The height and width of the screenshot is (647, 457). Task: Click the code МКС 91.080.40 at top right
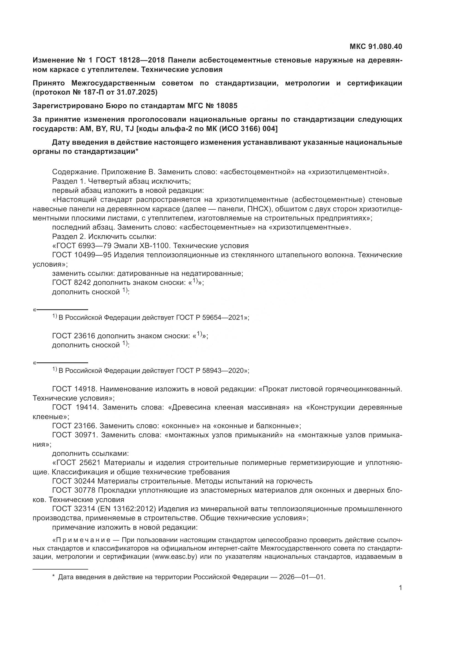376,46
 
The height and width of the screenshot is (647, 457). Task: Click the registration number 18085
227,106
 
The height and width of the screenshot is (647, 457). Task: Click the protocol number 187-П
85,92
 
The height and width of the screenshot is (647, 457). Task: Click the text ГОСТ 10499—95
82,255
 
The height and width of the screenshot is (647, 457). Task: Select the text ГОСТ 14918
75,389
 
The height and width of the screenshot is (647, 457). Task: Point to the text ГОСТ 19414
75,407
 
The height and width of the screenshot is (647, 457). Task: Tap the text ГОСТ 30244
74,481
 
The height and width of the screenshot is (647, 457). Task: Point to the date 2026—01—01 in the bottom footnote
302,577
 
